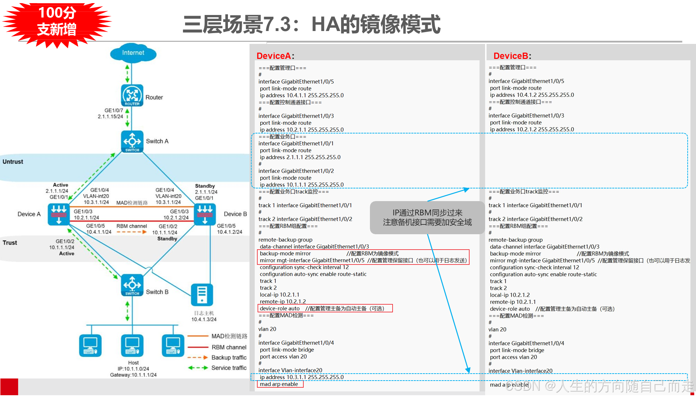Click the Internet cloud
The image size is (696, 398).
click(133, 53)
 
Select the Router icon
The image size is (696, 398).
click(132, 95)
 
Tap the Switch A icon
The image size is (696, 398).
click(132, 141)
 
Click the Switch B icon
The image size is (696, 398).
click(132, 285)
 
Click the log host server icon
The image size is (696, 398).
click(202, 294)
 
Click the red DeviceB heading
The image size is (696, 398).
click(511, 56)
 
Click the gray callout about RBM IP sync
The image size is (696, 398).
click(427, 217)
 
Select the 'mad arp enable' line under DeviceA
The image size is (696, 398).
click(279, 384)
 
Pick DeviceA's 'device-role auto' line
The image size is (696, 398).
click(280, 308)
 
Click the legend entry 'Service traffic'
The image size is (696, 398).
click(229, 368)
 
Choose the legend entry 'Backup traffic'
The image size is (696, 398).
click(229, 358)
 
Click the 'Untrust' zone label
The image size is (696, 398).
click(13, 162)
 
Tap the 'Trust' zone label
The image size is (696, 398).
click(10, 243)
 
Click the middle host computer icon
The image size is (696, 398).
click(132, 345)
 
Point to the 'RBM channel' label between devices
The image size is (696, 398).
click(132, 226)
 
